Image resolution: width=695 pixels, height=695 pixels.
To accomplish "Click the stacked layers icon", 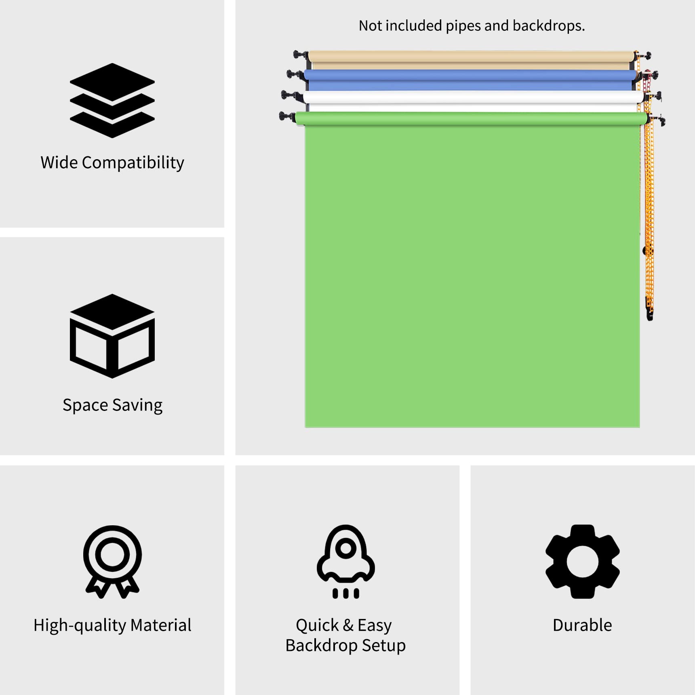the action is (112, 100).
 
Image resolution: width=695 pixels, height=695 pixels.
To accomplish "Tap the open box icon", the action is (112, 336).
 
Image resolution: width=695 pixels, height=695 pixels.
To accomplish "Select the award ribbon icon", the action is (112, 562).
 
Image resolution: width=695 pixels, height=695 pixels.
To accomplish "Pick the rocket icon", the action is (345, 562).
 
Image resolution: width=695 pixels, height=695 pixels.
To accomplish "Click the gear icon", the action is (582, 562).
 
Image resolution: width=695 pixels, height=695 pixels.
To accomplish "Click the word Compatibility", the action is (133, 163).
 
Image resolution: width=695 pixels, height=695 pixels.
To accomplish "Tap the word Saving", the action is (137, 405).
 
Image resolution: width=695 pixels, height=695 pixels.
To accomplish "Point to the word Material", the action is (161, 625).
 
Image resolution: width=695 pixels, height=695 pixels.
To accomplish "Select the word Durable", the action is (582, 625).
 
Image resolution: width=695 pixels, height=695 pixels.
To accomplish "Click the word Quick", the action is (317, 625).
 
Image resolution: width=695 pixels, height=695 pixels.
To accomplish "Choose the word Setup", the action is (384, 646).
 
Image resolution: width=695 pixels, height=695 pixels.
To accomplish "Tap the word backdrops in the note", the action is (548, 26).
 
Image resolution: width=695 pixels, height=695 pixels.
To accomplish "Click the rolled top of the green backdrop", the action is (471, 119).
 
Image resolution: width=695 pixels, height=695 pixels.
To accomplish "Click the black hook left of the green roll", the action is (287, 117).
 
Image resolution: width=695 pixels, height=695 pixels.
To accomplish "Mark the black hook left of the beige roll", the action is (301, 55).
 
